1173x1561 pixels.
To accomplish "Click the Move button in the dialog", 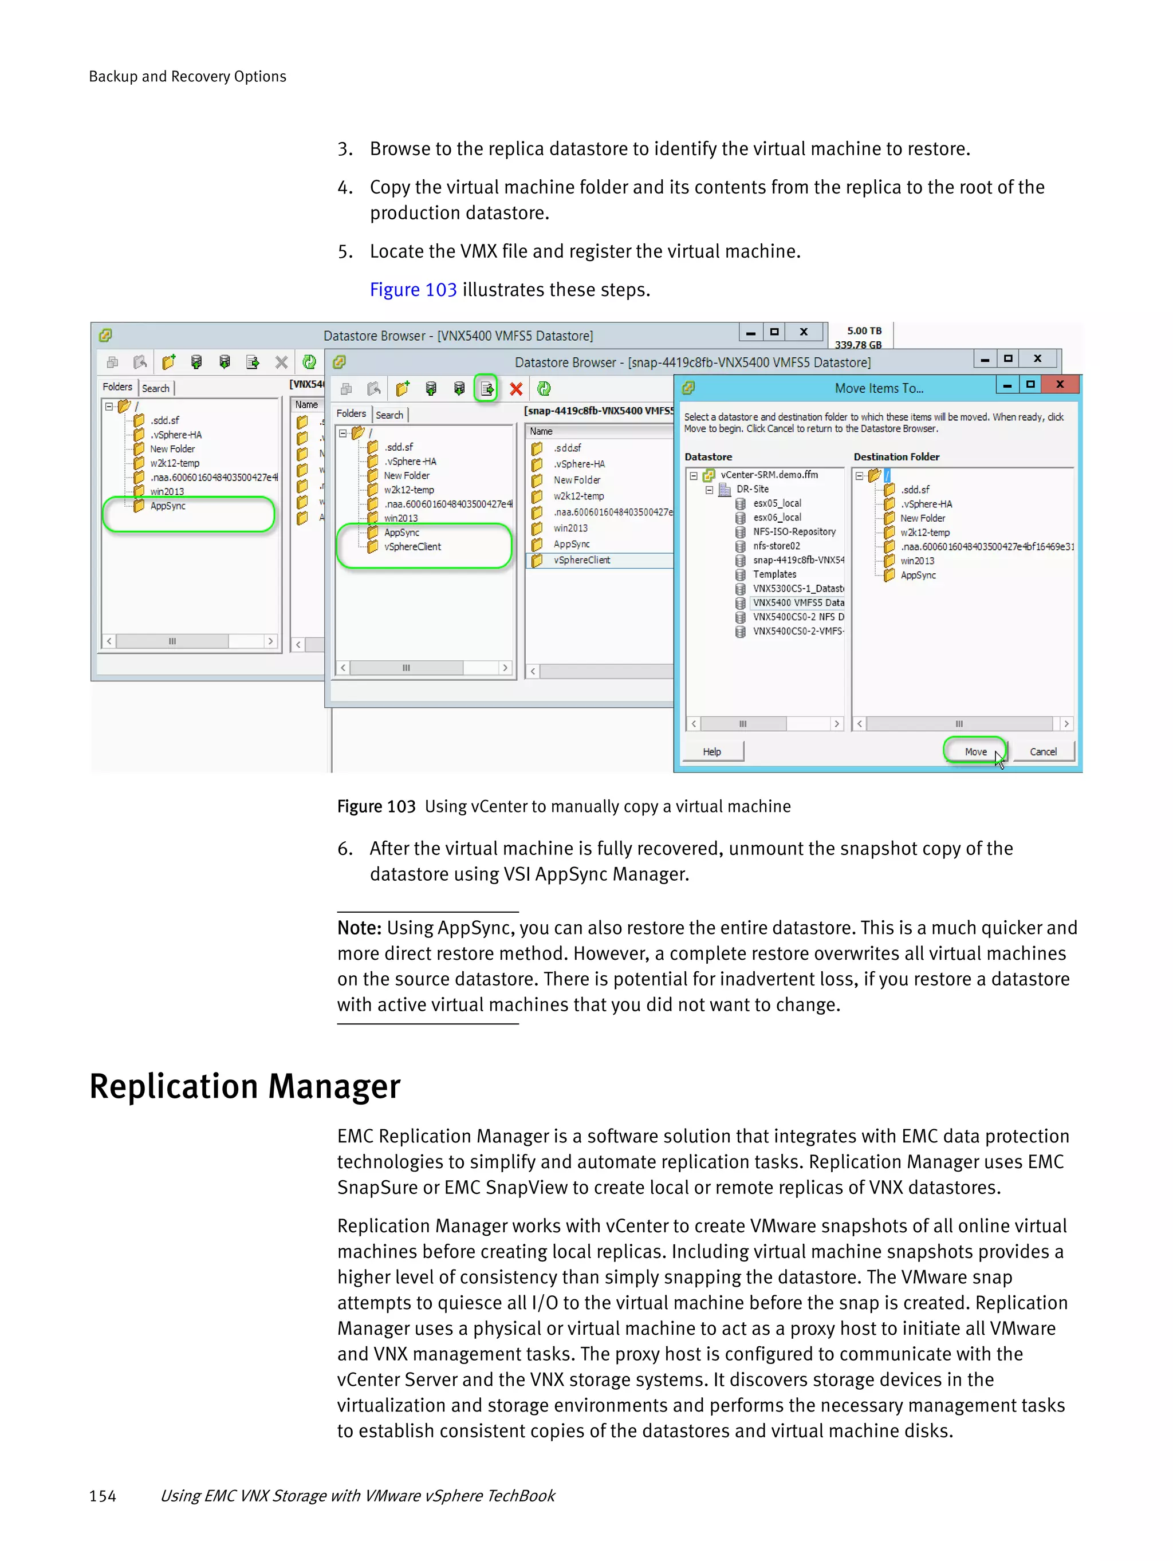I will (x=975, y=751).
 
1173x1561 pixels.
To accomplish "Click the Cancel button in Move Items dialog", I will (x=1042, y=751).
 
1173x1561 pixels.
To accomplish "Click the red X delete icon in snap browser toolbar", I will (x=516, y=389).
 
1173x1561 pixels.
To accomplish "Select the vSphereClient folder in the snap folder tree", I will (x=412, y=547).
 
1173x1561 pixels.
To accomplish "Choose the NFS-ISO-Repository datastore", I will (x=793, y=531).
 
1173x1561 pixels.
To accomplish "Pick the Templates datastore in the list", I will (x=774, y=574).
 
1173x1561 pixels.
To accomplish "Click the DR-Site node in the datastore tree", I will (x=751, y=489).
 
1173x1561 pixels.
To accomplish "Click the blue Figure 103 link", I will (x=413, y=290).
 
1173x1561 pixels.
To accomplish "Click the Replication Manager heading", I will (x=244, y=1087).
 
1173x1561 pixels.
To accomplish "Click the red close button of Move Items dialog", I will (x=1060, y=385).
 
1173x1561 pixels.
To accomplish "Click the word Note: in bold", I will (x=359, y=928).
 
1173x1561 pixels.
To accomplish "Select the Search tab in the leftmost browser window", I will (x=155, y=388).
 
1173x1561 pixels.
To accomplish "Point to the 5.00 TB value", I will (x=864, y=331).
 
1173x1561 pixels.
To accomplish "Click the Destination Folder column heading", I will (x=896, y=456).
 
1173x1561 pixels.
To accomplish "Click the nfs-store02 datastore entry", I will (x=776, y=546).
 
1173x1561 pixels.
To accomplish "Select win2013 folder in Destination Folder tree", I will (x=917, y=561).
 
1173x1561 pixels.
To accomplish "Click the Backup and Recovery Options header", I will (x=187, y=76).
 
